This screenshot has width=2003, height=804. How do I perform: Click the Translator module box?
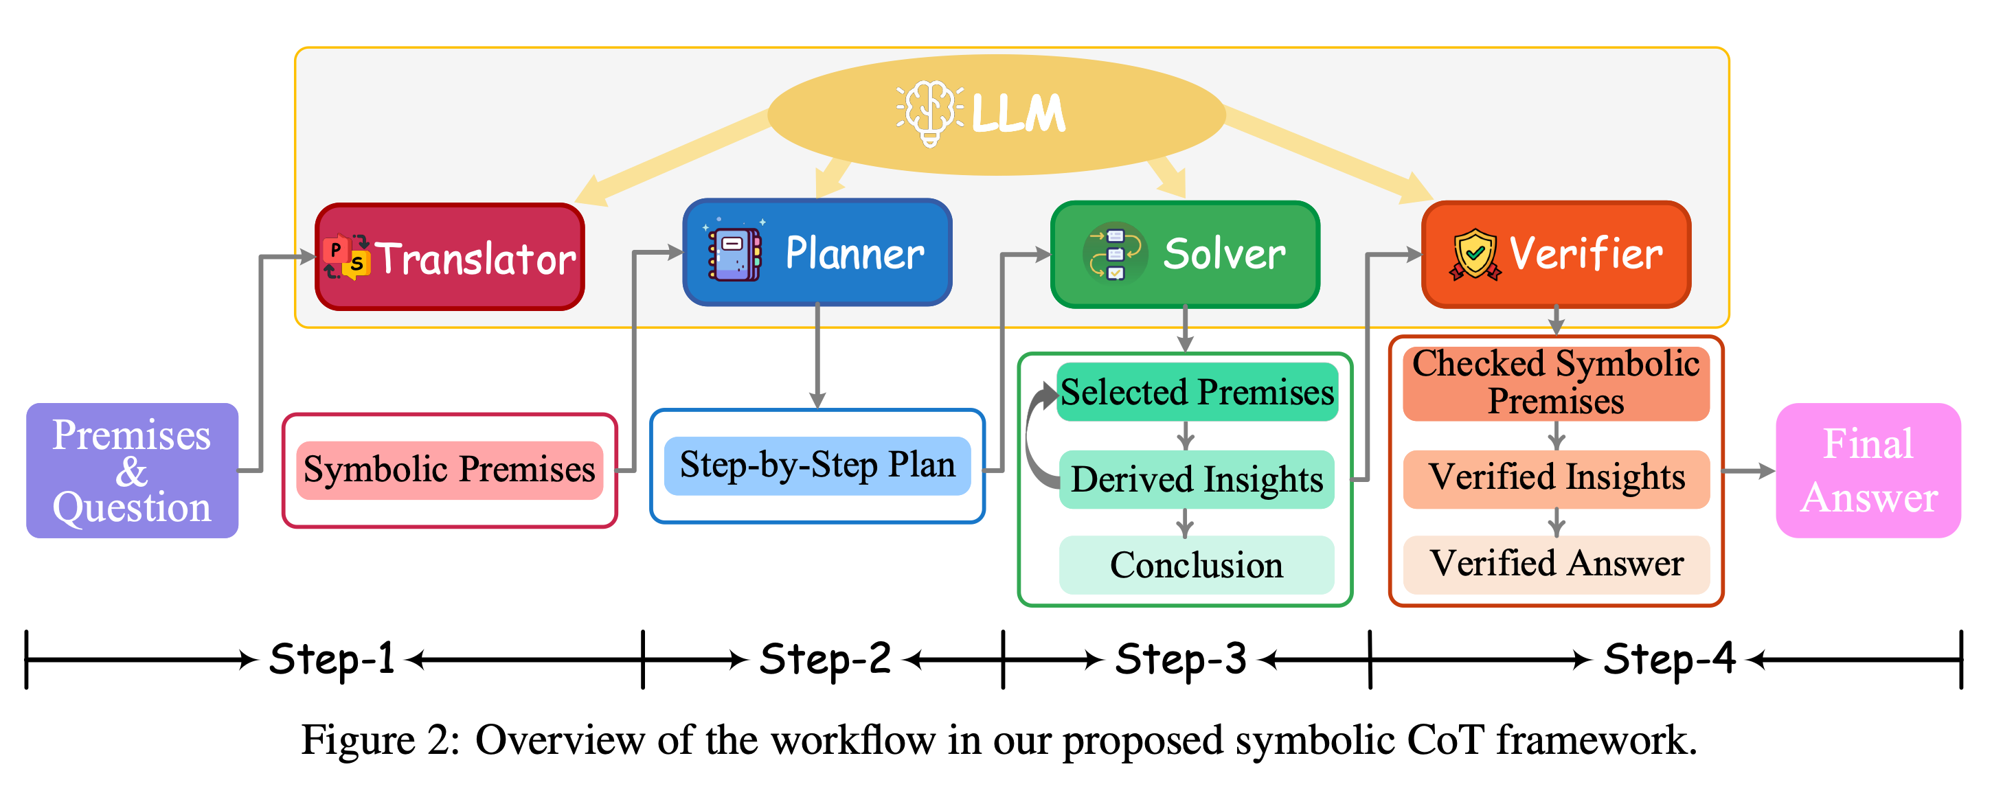pyautogui.click(x=449, y=257)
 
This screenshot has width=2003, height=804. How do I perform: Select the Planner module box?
pyautogui.click(x=817, y=253)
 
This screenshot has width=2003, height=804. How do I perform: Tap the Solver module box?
pyautogui.click(x=1184, y=254)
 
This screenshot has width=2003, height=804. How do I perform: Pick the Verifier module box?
pyautogui.click(x=1555, y=254)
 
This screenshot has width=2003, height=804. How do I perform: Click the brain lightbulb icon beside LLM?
pyautogui.click(x=930, y=113)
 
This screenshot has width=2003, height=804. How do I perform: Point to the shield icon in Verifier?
pyautogui.click(x=1474, y=254)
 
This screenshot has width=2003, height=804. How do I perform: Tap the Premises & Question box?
pyautogui.click(x=132, y=470)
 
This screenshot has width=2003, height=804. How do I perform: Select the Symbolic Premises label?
pyautogui.click(x=449, y=470)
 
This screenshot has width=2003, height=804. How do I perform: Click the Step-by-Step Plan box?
pyautogui.click(x=817, y=466)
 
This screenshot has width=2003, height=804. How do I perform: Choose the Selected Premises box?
pyautogui.click(x=1197, y=392)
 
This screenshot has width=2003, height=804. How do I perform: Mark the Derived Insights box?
pyautogui.click(x=1197, y=479)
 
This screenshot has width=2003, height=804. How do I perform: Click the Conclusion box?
pyautogui.click(x=1197, y=565)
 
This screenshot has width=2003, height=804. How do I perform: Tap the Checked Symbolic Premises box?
pyautogui.click(x=1555, y=382)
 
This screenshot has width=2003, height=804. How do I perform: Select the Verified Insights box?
pyautogui.click(x=1555, y=477)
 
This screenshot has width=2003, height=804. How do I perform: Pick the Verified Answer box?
pyautogui.click(x=1555, y=564)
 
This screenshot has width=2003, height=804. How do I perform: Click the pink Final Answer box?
pyautogui.click(x=1868, y=470)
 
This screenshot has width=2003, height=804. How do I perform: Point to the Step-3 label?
pyautogui.click(x=1180, y=659)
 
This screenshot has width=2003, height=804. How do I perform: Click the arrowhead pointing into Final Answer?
pyautogui.click(x=1767, y=470)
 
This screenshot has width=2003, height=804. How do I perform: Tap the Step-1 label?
pyautogui.click(x=331, y=659)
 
